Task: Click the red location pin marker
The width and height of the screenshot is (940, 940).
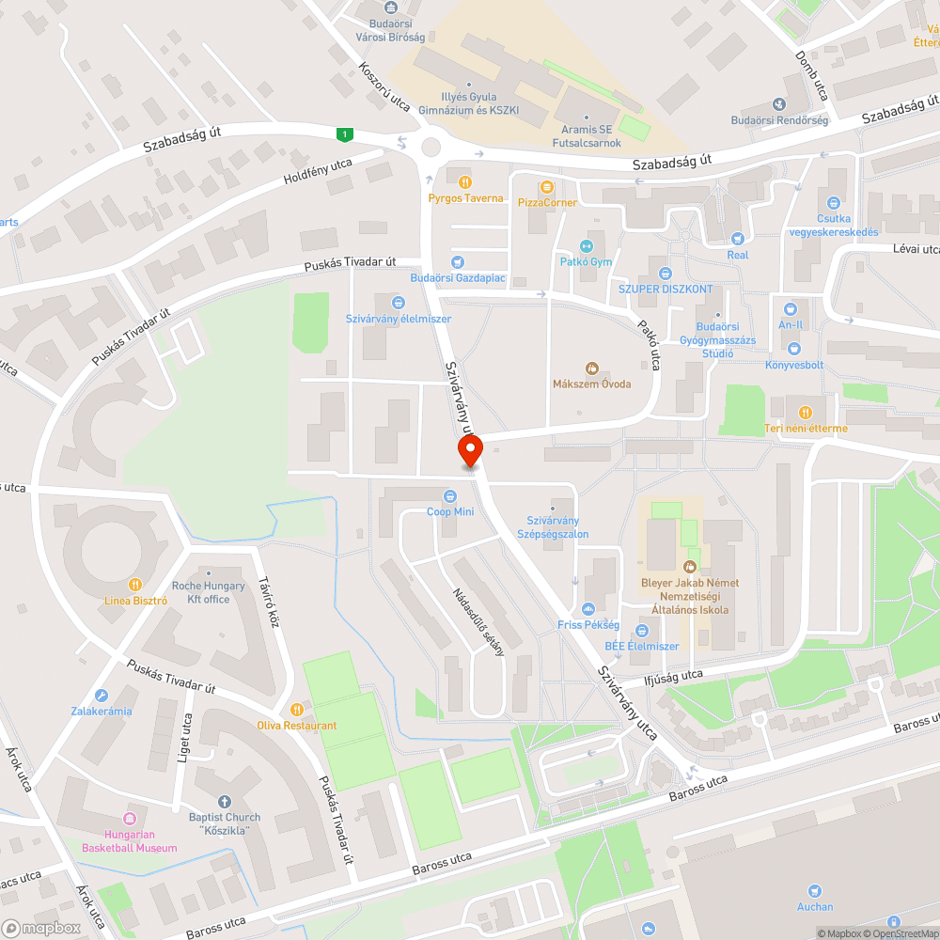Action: click(x=470, y=449)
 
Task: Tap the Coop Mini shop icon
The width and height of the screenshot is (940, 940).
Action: click(x=451, y=496)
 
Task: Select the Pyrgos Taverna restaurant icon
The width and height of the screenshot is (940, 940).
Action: click(x=464, y=182)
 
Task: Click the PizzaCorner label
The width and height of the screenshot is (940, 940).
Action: click(x=546, y=202)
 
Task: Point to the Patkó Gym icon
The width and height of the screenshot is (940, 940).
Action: click(x=587, y=246)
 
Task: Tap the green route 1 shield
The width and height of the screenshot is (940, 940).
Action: click(x=346, y=135)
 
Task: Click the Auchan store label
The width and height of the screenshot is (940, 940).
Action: click(x=814, y=907)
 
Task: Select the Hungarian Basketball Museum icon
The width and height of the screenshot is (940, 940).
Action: click(x=130, y=819)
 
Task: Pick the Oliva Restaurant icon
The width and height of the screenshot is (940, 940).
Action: click(x=297, y=710)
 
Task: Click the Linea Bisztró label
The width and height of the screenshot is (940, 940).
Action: click(x=135, y=600)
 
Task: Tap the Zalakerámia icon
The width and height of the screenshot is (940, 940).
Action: click(x=101, y=696)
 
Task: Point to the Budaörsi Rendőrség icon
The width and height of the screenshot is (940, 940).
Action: click(x=779, y=104)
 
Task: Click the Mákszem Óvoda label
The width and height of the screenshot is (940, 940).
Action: click(x=591, y=384)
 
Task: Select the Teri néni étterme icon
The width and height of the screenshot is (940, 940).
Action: click(x=806, y=413)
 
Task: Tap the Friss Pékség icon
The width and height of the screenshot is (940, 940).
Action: click(x=588, y=609)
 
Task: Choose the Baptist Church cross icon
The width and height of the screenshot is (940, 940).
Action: click(x=224, y=802)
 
